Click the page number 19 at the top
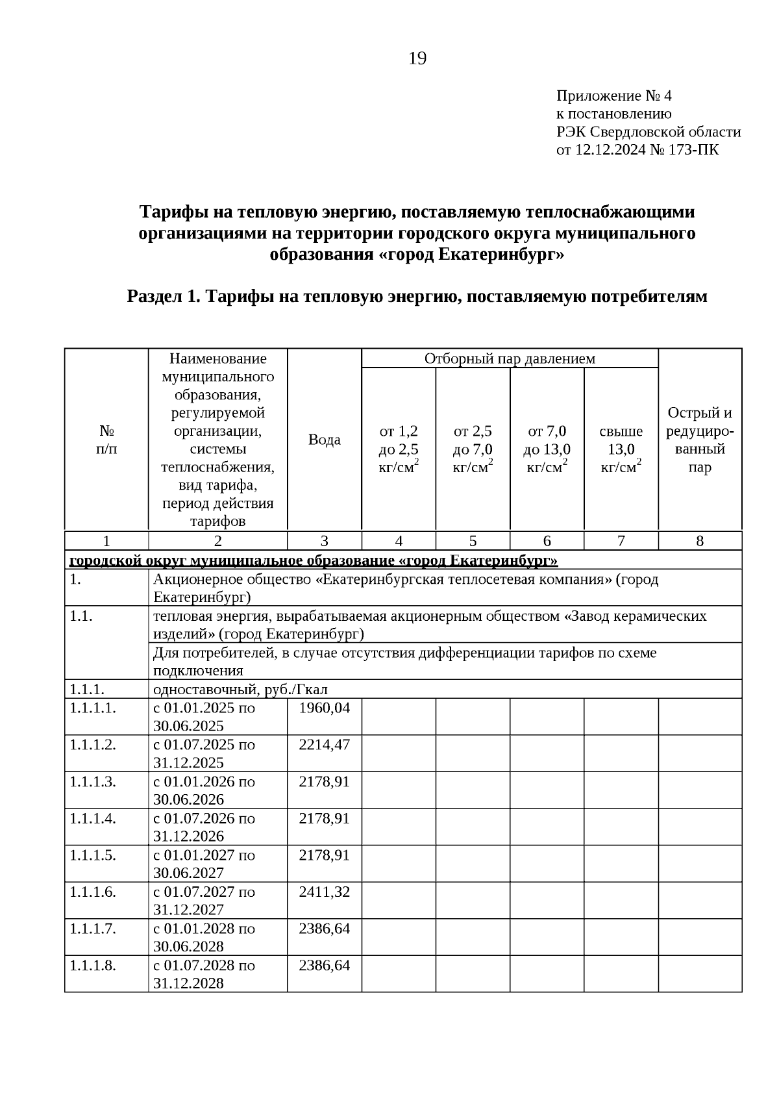(417, 59)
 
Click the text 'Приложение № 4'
(613, 97)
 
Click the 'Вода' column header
(324, 440)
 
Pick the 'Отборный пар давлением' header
(510, 358)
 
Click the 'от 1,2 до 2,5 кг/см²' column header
(399, 449)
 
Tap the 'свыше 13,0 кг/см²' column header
(621, 449)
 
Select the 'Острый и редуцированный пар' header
(700, 440)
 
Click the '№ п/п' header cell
(106, 440)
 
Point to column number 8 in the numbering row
(700, 541)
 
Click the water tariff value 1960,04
(324, 708)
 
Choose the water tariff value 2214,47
(324, 745)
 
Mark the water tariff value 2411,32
(324, 892)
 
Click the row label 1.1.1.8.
(93, 966)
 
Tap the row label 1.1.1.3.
(93, 782)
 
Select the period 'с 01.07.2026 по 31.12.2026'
(204, 827)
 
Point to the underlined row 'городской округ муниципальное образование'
(314, 560)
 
